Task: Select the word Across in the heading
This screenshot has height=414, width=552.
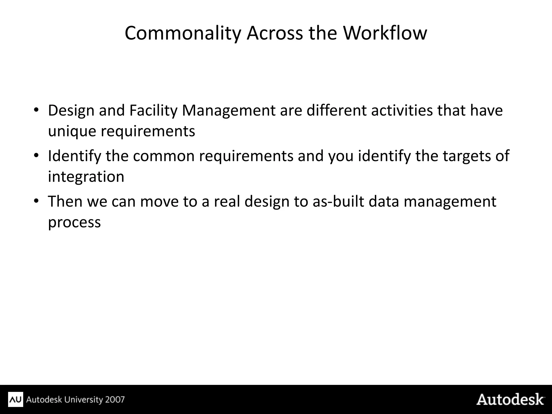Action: pyautogui.click(x=275, y=33)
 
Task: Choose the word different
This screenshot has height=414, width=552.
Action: pyautogui.click(x=336, y=110)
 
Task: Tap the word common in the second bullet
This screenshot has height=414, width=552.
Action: pyautogui.click(x=164, y=156)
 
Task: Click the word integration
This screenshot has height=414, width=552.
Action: pyautogui.click(x=86, y=177)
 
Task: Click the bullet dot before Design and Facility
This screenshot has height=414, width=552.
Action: pyautogui.click(x=36, y=110)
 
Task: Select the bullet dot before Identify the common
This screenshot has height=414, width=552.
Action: pyautogui.click(x=36, y=156)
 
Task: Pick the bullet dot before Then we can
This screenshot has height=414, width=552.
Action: pyautogui.click(x=36, y=201)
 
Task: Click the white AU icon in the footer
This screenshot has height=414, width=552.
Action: pyautogui.click(x=16, y=399)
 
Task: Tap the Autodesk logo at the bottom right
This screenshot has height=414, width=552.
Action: pyautogui.click(x=510, y=399)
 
